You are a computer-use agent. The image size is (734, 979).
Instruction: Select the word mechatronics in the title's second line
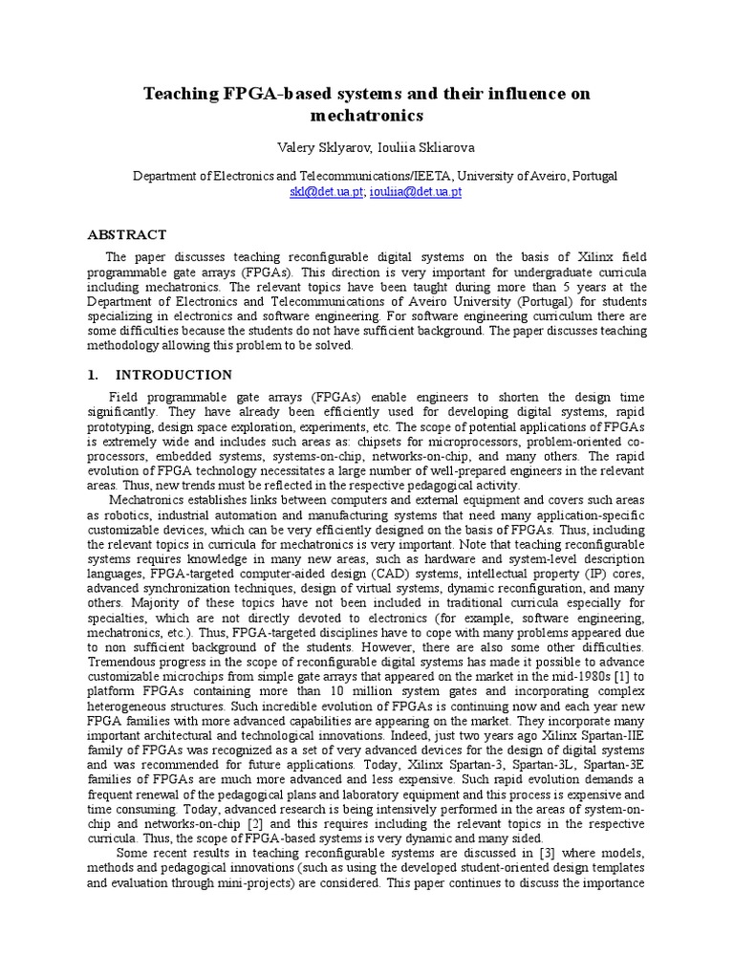pos(367,116)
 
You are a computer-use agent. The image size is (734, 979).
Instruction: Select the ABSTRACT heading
pos(127,234)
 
